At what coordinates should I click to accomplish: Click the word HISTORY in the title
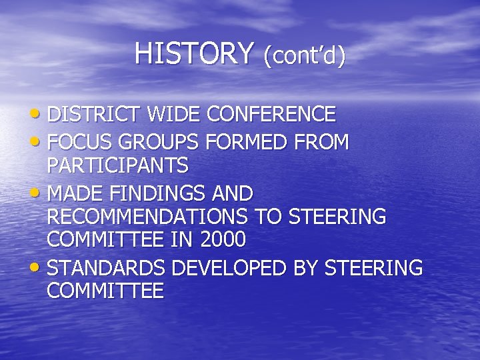(194, 53)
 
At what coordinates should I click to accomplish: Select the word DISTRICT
(95, 115)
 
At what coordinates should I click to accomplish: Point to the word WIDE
(174, 115)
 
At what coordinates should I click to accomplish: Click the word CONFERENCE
(271, 115)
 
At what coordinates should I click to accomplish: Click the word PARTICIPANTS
(117, 165)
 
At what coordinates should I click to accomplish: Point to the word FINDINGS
(154, 195)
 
